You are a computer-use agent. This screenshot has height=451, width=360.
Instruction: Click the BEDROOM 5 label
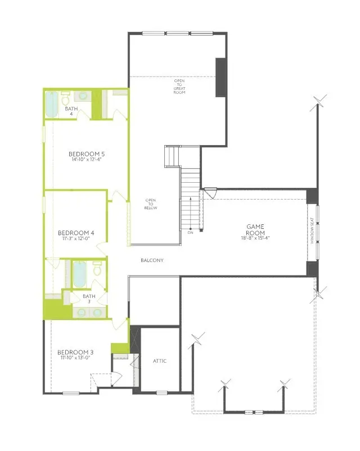(x=87, y=154)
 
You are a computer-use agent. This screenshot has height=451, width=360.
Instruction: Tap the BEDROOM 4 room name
(x=76, y=232)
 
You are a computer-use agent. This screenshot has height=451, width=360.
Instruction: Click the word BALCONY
(x=152, y=260)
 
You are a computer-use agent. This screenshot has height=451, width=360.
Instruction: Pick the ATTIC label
(x=160, y=361)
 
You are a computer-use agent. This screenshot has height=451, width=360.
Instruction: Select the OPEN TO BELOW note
(x=151, y=204)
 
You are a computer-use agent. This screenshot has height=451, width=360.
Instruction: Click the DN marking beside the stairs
(x=190, y=232)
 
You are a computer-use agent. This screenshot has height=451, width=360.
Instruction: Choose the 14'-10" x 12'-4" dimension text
(x=87, y=160)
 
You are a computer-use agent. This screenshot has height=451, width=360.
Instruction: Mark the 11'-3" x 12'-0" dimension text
(x=76, y=238)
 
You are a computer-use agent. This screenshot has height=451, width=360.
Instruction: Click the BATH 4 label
(x=71, y=111)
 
